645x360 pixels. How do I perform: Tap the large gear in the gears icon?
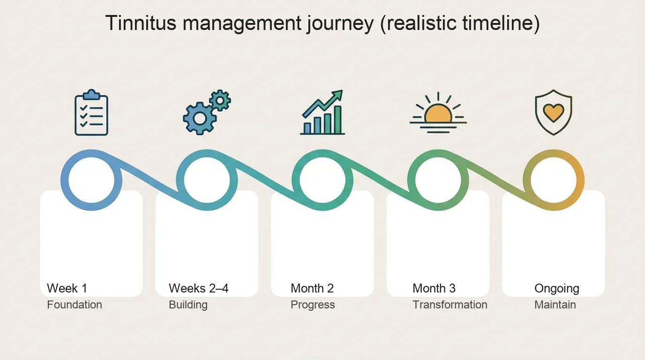(x=200, y=119)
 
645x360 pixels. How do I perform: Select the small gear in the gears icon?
(x=220, y=100)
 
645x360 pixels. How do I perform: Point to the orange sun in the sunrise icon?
(x=438, y=114)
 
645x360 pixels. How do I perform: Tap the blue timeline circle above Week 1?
(x=91, y=180)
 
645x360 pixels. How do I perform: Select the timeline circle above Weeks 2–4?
(x=207, y=180)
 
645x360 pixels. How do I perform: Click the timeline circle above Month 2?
(x=322, y=180)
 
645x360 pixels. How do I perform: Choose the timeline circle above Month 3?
(x=438, y=180)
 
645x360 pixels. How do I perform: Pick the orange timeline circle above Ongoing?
(x=554, y=180)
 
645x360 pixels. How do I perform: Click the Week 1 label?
(x=67, y=288)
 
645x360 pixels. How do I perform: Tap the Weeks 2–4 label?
(x=199, y=288)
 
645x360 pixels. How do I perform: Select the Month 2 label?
(x=312, y=288)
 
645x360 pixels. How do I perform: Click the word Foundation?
(x=75, y=305)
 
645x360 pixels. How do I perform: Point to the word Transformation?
(x=450, y=305)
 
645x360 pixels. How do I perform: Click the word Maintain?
(x=555, y=305)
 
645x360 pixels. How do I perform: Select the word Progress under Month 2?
(x=313, y=305)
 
